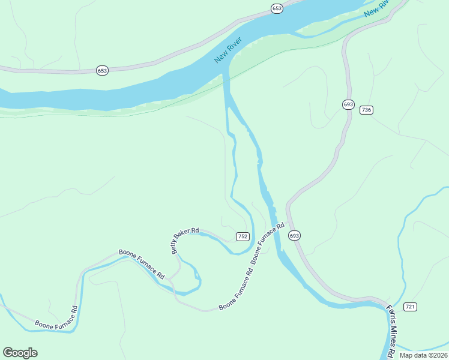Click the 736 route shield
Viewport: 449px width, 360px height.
coord(367,110)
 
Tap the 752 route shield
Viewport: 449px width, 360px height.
coord(243,236)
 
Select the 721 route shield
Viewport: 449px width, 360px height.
coord(410,307)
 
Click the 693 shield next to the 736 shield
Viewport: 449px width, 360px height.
coord(348,104)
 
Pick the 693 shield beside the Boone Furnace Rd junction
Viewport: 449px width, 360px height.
coord(294,236)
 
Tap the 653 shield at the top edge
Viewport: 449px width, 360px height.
coord(276,8)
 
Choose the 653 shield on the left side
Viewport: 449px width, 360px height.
coord(102,71)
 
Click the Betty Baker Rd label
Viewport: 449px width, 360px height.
coord(186,240)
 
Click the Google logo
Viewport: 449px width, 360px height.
coord(20,353)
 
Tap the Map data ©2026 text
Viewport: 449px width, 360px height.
coord(423,355)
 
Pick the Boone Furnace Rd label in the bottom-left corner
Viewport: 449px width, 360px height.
coord(56,317)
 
